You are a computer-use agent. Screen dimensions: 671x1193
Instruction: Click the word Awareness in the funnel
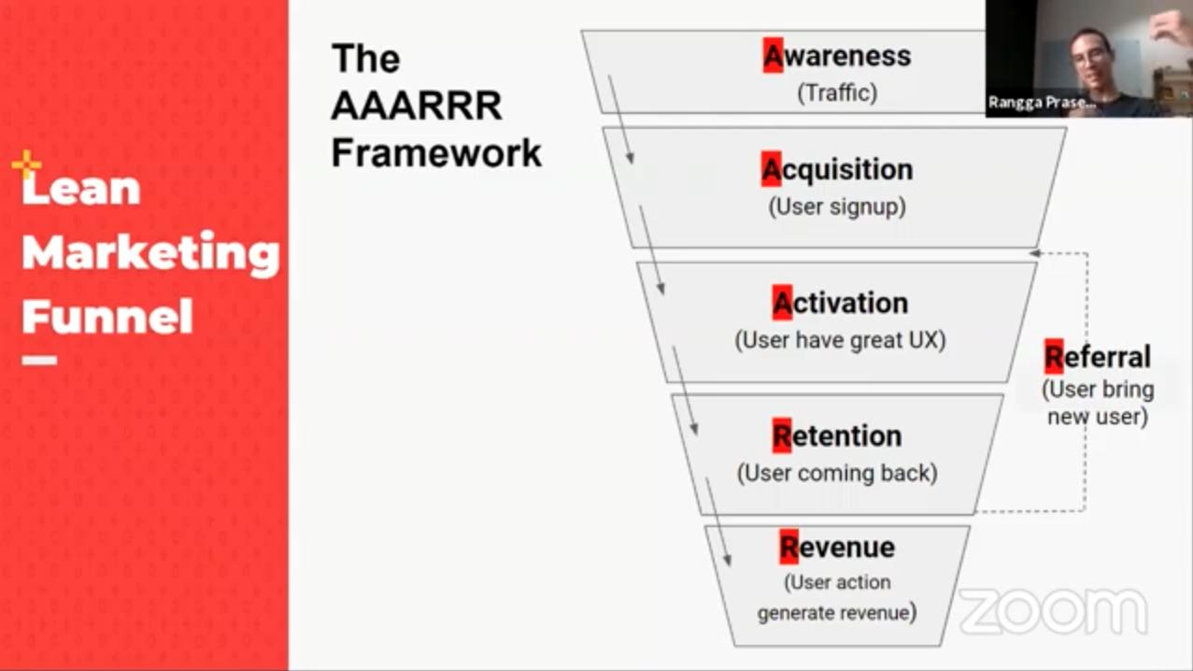click(x=837, y=56)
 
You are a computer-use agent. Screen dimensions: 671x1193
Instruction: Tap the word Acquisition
click(x=837, y=170)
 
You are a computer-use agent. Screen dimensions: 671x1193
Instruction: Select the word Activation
click(x=841, y=303)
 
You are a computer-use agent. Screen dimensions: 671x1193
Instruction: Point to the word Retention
click(x=837, y=435)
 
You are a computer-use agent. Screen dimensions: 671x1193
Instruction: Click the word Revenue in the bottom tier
click(x=837, y=547)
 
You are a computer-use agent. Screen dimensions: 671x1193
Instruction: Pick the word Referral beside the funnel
click(x=1098, y=357)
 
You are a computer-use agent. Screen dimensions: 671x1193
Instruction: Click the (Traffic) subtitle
click(x=837, y=93)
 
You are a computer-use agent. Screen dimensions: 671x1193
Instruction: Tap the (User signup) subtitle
click(x=837, y=206)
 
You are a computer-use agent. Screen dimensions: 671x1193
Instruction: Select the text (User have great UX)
click(x=841, y=339)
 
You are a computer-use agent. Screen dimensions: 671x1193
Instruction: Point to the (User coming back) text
click(x=837, y=473)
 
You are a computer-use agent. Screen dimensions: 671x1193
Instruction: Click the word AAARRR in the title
click(x=417, y=106)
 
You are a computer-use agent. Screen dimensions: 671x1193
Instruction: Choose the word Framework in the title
click(x=436, y=152)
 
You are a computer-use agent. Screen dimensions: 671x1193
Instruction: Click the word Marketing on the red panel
click(x=150, y=252)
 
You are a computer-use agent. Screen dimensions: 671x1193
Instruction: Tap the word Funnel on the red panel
click(x=107, y=316)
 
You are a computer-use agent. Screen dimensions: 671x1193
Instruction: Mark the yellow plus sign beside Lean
click(x=26, y=165)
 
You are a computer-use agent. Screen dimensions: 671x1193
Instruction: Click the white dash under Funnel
click(x=39, y=360)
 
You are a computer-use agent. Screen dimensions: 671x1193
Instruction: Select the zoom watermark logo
click(x=1053, y=611)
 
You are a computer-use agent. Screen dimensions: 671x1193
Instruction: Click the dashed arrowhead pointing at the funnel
click(x=1034, y=253)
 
